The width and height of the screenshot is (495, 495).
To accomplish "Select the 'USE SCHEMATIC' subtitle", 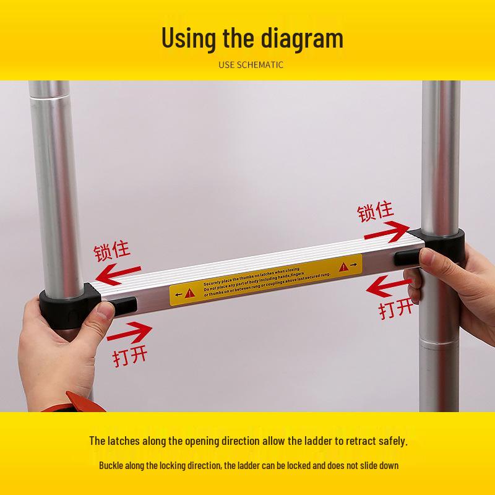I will coord(251,64).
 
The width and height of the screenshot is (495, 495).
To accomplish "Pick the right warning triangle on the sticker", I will coord(343,265).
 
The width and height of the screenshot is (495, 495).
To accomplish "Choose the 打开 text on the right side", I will coord(397,308).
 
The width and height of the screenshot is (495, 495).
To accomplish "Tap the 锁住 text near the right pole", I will coord(375,212).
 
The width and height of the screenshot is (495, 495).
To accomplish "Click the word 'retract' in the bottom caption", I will coord(341,441).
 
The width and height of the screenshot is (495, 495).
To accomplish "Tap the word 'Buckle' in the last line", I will coord(113,465).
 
